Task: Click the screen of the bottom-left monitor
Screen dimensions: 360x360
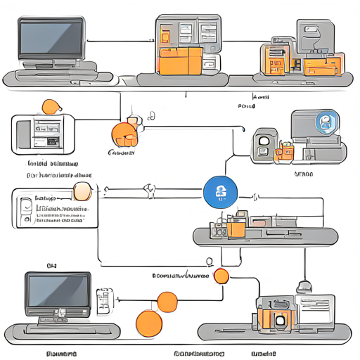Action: pyautogui.click(x=58, y=291)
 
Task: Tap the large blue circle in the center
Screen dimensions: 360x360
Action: pyautogui.click(x=218, y=191)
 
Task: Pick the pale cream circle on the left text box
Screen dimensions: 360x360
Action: pyautogui.click(x=83, y=192)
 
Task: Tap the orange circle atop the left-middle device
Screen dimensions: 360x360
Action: pyautogui.click(x=51, y=107)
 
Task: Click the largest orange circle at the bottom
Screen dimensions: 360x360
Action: pyautogui.click(x=149, y=324)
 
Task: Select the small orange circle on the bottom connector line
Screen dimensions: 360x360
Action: pyautogui.click(x=221, y=276)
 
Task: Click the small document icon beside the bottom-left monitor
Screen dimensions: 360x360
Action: pyautogui.click(x=104, y=300)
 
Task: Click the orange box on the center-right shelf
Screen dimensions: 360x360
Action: pyautogui.click(x=236, y=227)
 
